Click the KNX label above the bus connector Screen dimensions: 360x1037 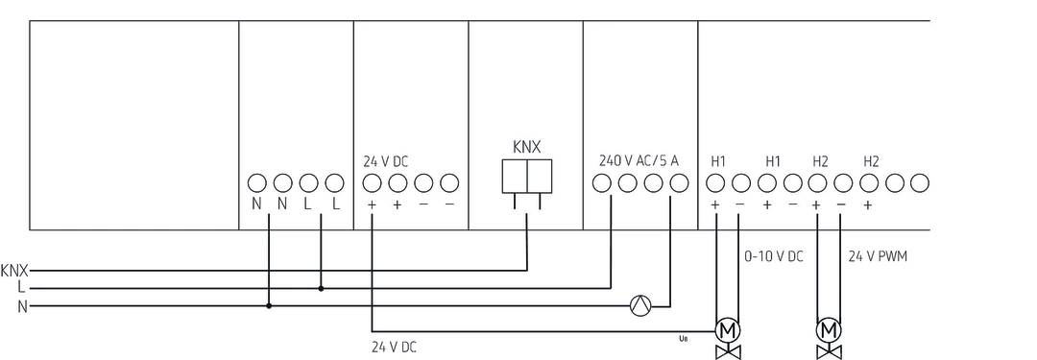[x=526, y=147]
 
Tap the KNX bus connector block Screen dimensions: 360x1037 [x=526, y=177]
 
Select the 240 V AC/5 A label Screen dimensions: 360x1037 [x=639, y=160]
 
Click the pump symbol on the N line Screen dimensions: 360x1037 [x=639, y=306]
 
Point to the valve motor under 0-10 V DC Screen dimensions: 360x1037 [x=727, y=330]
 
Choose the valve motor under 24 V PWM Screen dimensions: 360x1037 [x=827, y=330]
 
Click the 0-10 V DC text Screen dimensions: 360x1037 [x=774, y=257]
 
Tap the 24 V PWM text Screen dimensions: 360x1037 [x=878, y=257]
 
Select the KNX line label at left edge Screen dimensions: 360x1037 [x=14, y=270]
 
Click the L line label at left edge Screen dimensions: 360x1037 [x=20, y=287]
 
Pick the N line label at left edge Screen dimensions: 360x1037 [x=20, y=306]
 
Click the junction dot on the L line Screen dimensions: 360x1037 [x=321, y=287]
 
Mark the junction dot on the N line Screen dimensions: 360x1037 [x=269, y=306]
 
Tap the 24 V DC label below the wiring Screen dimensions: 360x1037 [x=394, y=346]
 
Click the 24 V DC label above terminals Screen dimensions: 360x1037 [x=385, y=161]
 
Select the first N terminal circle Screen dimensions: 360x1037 [x=256, y=182]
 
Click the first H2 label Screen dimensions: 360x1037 [x=820, y=160]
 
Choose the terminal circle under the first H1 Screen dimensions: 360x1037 [x=715, y=182]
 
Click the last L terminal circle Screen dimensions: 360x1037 [x=334, y=182]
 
